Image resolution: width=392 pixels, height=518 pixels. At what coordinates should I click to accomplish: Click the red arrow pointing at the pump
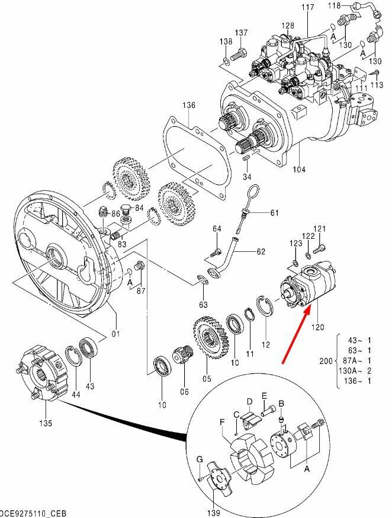coord(296,335)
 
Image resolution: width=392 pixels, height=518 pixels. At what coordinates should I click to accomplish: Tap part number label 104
coord(299,170)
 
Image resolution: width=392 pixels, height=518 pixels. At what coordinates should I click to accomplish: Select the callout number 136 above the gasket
coord(189,105)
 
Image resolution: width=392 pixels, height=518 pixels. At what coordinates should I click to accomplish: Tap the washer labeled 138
coord(226,61)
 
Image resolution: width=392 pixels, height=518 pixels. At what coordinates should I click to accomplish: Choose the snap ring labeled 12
coord(264,306)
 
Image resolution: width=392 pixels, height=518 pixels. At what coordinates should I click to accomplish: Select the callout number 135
coord(46,423)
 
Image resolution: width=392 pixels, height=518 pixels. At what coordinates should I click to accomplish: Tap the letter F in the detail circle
coord(222,422)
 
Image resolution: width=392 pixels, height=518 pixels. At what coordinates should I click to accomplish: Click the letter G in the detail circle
coord(200,459)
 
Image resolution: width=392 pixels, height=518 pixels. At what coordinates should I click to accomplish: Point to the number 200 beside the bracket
coord(326,360)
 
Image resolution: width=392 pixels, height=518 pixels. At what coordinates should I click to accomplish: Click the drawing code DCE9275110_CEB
coord(33,514)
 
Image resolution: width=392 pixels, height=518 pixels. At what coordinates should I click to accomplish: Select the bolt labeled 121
coord(319,249)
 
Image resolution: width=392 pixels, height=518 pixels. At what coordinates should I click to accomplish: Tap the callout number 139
coord(214,513)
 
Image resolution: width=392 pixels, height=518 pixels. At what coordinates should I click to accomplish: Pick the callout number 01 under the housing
coord(115,334)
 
